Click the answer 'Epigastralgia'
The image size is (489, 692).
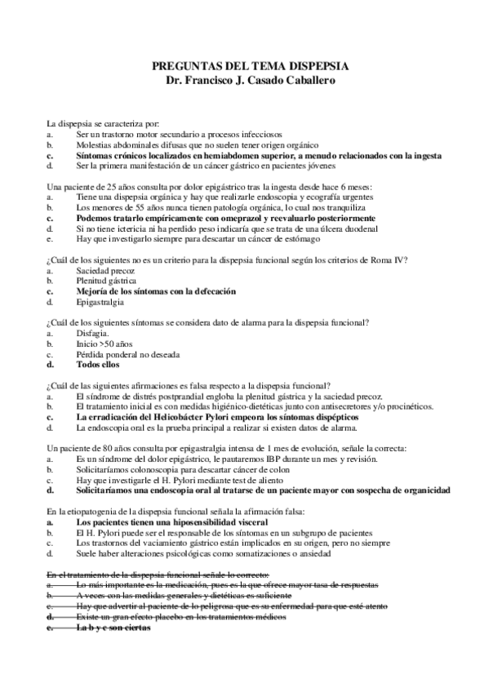(x=100, y=302)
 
